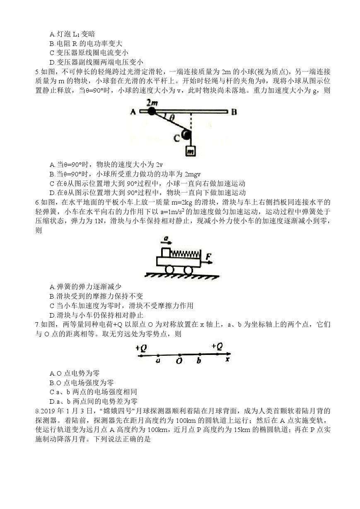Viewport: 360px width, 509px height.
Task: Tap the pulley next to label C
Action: coord(186,135)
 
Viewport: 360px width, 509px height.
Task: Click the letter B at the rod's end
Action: coord(234,111)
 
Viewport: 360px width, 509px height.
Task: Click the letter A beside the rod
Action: coord(133,111)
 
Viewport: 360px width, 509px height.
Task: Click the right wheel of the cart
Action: coord(188,270)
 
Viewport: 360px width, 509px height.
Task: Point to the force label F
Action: coord(209,258)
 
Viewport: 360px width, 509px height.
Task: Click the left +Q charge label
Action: coord(141,348)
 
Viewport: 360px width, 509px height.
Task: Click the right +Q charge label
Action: coord(217,346)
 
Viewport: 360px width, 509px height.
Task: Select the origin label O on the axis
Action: coord(179,361)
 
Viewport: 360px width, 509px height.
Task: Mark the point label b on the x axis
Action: coord(199,361)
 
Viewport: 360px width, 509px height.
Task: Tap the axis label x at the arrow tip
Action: coord(227,359)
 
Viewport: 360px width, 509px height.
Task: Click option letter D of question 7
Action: coord(52,401)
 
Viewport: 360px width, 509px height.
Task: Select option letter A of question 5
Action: coord(52,164)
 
